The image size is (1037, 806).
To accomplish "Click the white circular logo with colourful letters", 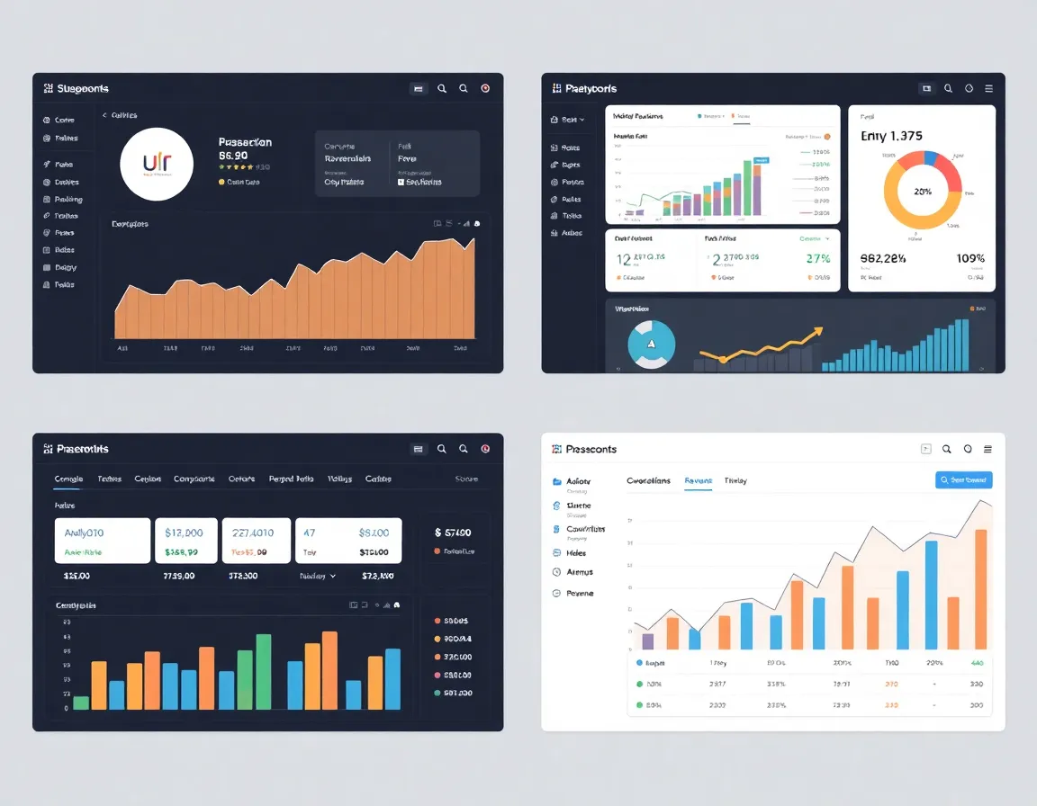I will [x=157, y=164].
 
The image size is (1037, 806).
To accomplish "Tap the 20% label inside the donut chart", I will [x=922, y=192].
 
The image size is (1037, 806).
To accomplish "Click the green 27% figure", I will [x=818, y=259].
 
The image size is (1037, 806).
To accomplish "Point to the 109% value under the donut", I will [x=970, y=259].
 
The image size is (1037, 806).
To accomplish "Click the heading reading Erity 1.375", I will [x=891, y=137].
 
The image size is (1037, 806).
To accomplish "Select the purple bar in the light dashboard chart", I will [x=647, y=640].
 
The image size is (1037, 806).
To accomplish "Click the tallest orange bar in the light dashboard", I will [x=980, y=589].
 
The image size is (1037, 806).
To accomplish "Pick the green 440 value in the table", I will [x=977, y=663].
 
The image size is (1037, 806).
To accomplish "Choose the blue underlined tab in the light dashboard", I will [x=698, y=481].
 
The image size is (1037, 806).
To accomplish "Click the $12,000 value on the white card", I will [x=190, y=533].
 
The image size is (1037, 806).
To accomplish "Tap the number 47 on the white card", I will [x=309, y=533].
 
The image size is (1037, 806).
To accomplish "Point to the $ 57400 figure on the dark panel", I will [x=458, y=533].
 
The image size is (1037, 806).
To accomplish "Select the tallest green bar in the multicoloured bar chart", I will [x=264, y=672].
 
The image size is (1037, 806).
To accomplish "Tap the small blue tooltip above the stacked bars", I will [x=762, y=160].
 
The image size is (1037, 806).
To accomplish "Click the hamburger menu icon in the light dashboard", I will [x=988, y=449].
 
